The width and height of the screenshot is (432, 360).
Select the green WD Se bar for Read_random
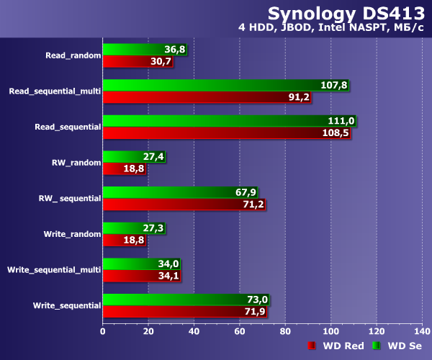tap(137, 49)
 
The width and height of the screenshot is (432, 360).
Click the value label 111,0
tap(341, 121)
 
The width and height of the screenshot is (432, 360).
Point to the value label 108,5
tap(336, 133)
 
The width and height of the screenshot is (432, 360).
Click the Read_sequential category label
tap(68, 127)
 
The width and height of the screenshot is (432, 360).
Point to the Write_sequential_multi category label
tap(54, 269)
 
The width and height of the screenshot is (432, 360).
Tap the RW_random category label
tap(76, 162)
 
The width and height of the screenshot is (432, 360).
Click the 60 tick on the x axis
tap(240, 332)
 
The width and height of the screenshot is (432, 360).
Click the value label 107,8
tap(333, 85)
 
